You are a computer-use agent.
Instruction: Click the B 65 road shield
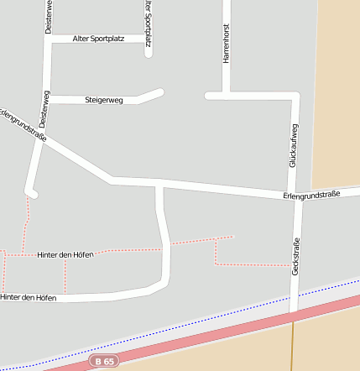click(104, 361)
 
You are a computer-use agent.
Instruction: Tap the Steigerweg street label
click(104, 100)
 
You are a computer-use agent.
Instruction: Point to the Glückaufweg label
click(293, 145)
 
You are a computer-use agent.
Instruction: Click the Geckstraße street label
click(295, 257)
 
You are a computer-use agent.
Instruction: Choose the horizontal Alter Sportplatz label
click(99, 39)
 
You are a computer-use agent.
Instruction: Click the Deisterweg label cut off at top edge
click(49, 15)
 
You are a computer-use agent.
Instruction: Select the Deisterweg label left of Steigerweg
click(43, 109)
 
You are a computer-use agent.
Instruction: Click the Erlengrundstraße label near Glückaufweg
click(310, 195)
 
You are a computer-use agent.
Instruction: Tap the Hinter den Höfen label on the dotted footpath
click(65, 253)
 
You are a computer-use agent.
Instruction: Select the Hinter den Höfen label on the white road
click(29, 297)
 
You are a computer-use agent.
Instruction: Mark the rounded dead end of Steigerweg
click(159, 92)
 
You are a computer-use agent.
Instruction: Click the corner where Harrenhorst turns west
click(226, 95)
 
